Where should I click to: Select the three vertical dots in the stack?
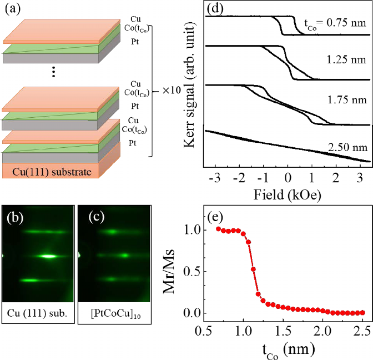point(53,72)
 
